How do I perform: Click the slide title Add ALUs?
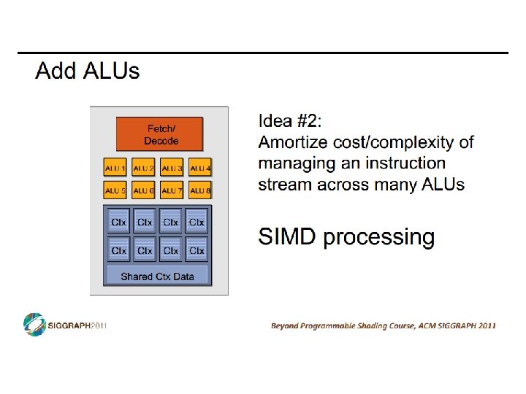click(87, 72)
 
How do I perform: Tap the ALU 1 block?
click(115, 169)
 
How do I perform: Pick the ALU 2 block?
click(143, 169)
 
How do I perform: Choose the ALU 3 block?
click(172, 169)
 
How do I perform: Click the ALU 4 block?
click(199, 169)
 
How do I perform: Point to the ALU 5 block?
click(115, 190)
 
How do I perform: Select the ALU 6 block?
click(143, 190)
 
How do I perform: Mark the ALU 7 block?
click(172, 190)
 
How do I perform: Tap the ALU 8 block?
click(199, 190)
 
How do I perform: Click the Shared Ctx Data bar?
click(158, 276)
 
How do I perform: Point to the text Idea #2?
click(289, 120)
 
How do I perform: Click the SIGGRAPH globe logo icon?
click(34, 324)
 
